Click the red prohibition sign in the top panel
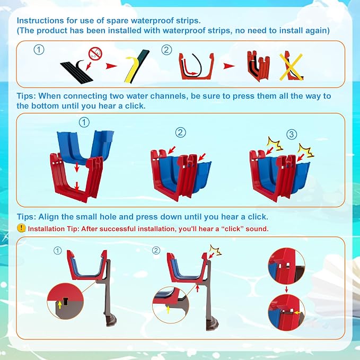click(95, 54)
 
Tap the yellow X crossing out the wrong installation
click(291, 67)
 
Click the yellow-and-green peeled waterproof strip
click(137, 66)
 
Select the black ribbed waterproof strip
click(76, 72)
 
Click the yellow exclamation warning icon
click(21, 228)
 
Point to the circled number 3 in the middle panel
click(292, 134)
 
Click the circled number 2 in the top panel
click(166, 50)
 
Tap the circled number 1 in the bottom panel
click(58, 250)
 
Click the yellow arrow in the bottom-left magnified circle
click(60, 305)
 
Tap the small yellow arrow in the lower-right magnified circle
click(297, 312)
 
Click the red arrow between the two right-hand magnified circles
click(286, 289)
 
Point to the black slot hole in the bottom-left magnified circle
click(66, 302)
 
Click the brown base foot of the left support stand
click(111, 320)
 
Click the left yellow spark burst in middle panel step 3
click(274, 144)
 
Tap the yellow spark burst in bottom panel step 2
click(216, 250)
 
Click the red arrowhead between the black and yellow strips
click(111, 66)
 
